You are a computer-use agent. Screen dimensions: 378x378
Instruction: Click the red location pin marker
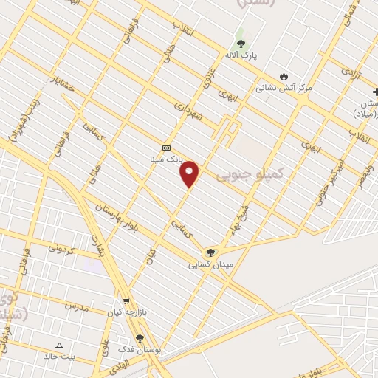point(190,173)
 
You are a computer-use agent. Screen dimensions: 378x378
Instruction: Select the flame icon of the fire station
point(283,76)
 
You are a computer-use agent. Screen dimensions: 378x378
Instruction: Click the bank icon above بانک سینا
point(165,147)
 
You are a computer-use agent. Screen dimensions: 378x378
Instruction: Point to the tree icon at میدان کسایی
point(210,252)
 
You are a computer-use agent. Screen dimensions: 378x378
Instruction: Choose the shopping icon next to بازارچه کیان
point(127,300)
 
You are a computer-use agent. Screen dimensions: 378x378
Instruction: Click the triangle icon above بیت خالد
point(60,345)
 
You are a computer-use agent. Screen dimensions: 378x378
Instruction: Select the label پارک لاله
point(240,55)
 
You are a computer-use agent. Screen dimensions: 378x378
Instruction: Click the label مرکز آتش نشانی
point(284,88)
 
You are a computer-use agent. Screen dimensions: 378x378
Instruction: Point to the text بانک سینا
point(163,159)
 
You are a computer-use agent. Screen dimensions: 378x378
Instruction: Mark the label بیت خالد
point(60,357)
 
